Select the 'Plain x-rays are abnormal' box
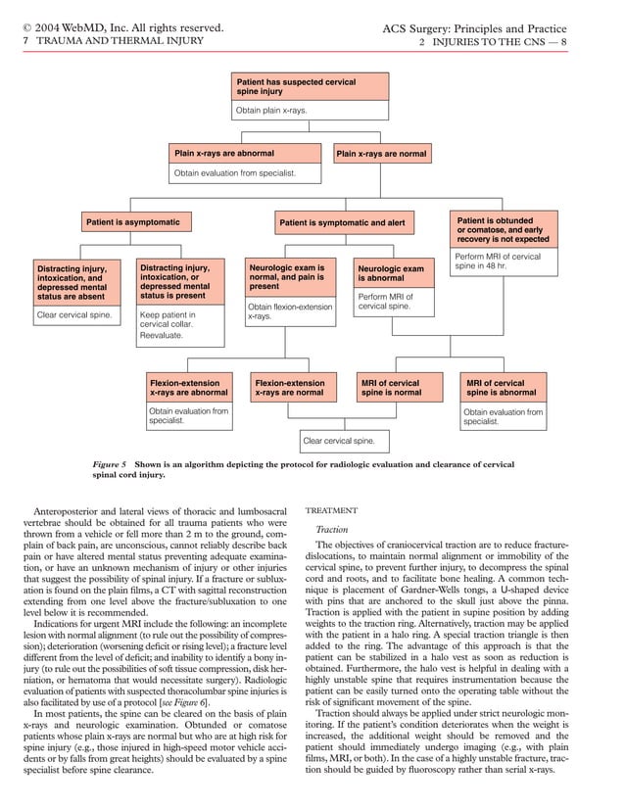pos(246,154)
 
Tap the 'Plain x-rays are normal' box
pos(382,154)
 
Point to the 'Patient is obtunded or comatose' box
pos(504,229)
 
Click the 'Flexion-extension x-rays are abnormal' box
pos(188,388)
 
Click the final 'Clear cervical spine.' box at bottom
pos(344,441)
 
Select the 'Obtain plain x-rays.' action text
pos(272,111)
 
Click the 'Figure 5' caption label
pos(108,462)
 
